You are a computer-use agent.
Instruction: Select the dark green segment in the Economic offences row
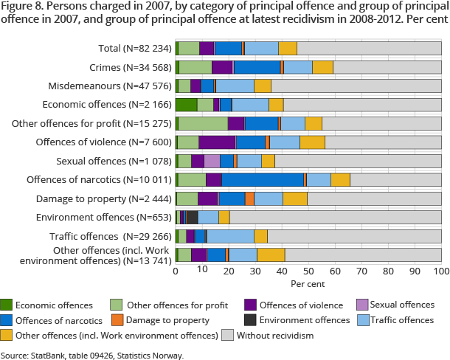click(x=186, y=104)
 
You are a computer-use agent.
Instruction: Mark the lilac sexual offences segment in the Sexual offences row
click(x=212, y=161)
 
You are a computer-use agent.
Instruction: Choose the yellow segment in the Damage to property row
click(x=295, y=198)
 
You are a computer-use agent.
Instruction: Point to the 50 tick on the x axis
click(x=308, y=271)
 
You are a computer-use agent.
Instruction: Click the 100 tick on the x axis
click(x=441, y=271)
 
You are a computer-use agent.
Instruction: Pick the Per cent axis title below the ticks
click(x=308, y=283)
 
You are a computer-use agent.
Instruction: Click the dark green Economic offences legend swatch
click(x=6, y=305)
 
